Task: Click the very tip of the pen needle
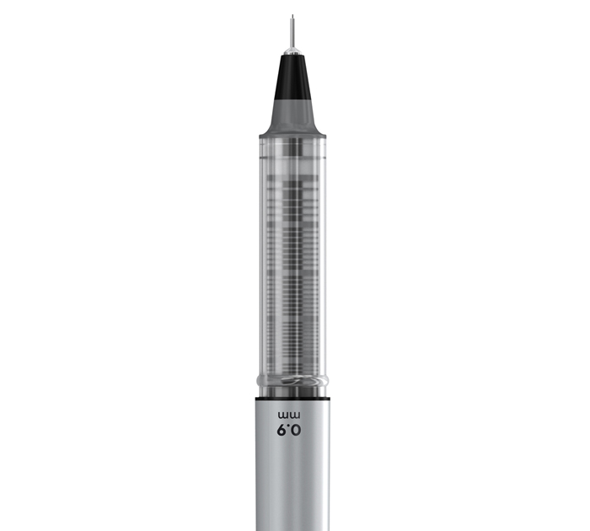[292, 15]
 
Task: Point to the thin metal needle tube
[292, 32]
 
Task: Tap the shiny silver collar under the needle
[292, 51]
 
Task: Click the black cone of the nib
[292, 78]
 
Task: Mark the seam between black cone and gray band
[292, 99]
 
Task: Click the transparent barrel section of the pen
[292, 256]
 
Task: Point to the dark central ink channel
[292, 256]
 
